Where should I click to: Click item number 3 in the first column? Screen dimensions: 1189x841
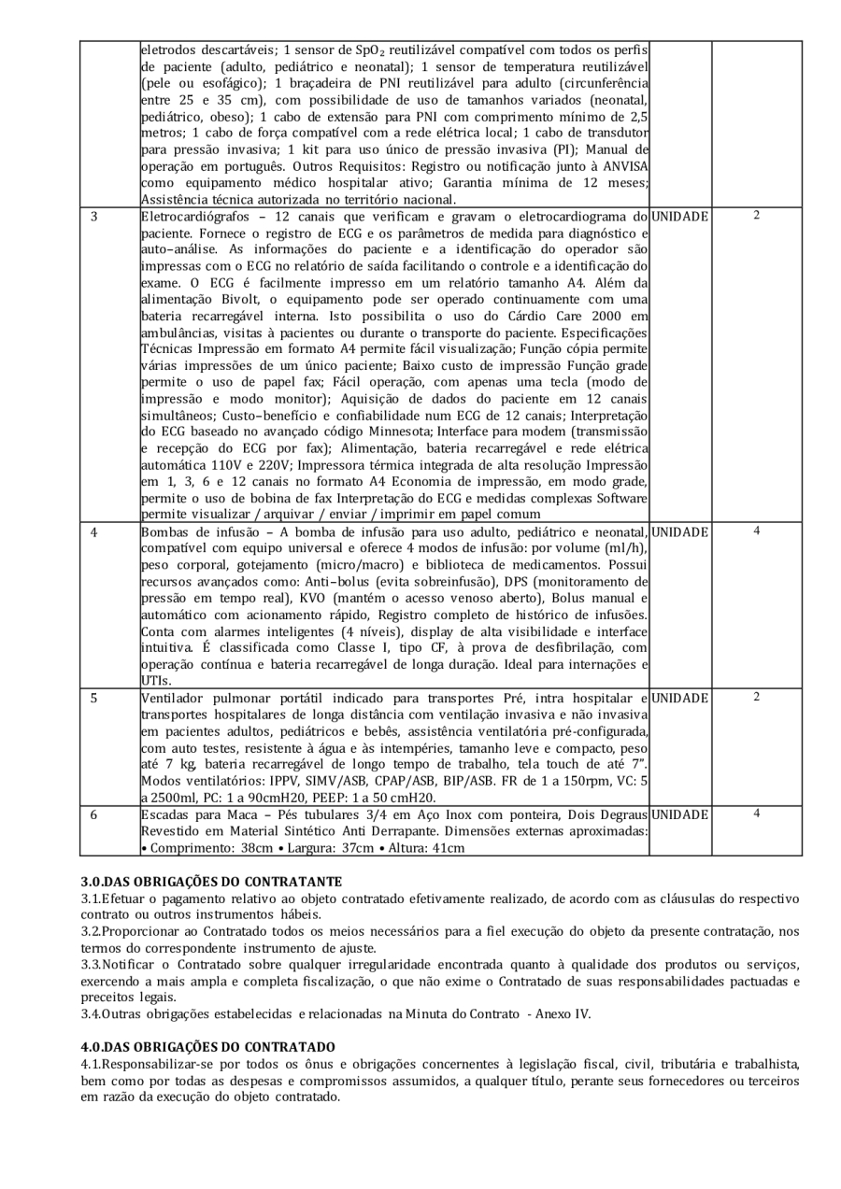[x=94, y=217]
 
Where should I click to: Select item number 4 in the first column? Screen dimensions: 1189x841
[x=94, y=531]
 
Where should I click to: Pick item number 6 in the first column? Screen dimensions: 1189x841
[x=94, y=814]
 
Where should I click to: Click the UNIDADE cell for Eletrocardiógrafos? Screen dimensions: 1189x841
[x=679, y=217]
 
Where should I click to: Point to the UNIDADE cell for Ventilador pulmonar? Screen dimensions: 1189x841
[x=679, y=696]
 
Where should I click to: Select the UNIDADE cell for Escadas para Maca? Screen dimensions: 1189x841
[x=679, y=815]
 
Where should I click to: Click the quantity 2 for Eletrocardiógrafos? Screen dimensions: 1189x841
[x=756, y=216]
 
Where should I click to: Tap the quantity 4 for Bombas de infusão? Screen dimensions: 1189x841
[x=756, y=530]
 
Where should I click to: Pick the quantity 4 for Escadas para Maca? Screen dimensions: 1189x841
[x=756, y=814]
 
